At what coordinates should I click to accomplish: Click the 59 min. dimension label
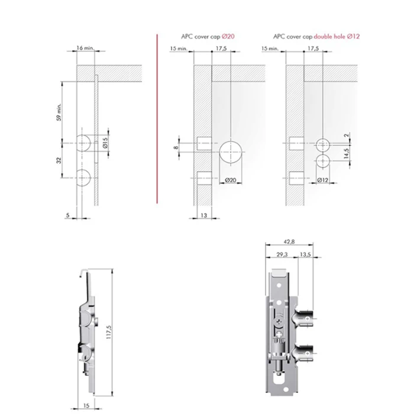pyautogui.click(x=59, y=112)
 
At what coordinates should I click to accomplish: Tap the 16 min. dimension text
pyautogui.click(x=85, y=48)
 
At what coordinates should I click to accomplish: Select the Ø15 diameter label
pyautogui.click(x=105, y=143)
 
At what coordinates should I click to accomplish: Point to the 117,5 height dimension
pyautogui.click(x=109, y=332)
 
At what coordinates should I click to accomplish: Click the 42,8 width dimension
pyautogui.click(x=289, y=241)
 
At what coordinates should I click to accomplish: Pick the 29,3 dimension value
pyautogui.click(x=282, y=254)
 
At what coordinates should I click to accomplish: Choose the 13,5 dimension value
pyautogui.click(x=306, y=254)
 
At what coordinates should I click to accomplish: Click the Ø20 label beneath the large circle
pyautogui.click(x=231, y=180)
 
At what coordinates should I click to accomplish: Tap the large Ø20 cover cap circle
pyautogui.click(x=231, y=152)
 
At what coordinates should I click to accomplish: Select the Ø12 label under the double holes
pyautogui.click(x=323, y=180)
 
